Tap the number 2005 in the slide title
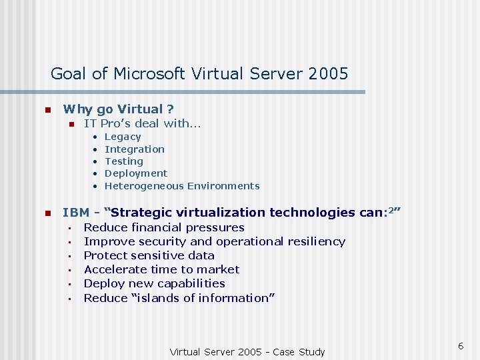click(329, 73)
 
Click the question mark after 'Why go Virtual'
click(171, 109)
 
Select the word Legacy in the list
click(123, 137)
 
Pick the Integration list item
click(135, 149)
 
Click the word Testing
click(124, 161)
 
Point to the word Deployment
click(136, 173)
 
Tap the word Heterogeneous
click(144, 186)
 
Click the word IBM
click(75, 213)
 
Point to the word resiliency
click(314, 241)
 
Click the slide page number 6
click(460, 345)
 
